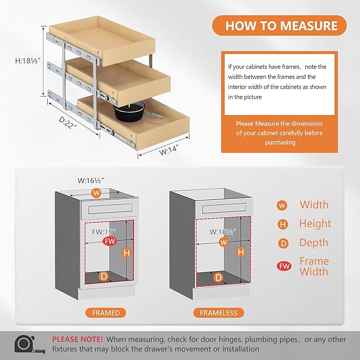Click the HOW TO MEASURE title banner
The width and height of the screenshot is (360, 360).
coord(279,25)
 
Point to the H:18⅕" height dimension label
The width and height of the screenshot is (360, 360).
coord(28,61)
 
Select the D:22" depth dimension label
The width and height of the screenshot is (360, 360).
coord(67,123)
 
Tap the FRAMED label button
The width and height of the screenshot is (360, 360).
coord(106,313)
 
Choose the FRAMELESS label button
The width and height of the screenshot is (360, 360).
coord(218,313)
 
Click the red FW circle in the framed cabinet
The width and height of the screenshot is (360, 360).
coord(110,241)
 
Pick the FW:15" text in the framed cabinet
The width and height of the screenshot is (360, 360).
coord(104,232)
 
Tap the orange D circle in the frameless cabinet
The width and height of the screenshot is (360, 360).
coord(218,278)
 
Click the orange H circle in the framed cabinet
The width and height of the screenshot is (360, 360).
coord(127,253)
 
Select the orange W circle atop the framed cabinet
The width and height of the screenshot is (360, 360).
coord(96,193)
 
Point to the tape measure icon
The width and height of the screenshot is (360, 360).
coord(29,344)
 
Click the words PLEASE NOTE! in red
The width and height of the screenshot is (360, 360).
coord(77,339)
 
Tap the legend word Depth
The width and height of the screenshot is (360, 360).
coord(314,243)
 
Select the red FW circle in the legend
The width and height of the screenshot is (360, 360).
coord(284,266)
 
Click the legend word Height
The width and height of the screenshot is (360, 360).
coord(315,223)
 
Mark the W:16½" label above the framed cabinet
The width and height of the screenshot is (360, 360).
coord(91,180)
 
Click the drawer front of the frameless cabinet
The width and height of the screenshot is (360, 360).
coord(224,208)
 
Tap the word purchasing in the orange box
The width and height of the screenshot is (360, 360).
coord(280,142)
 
